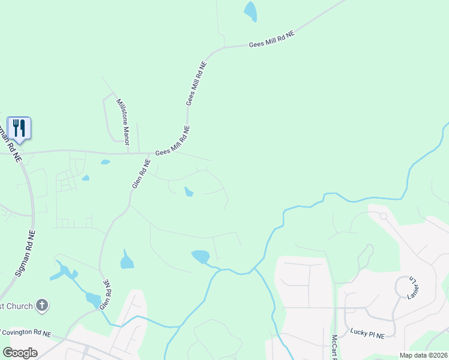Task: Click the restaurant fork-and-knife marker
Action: pos(19,128)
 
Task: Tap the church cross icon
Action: pos(42,305)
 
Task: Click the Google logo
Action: pos(20,352)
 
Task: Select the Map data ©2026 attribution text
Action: pos(423,355)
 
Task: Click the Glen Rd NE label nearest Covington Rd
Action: pos(106,294)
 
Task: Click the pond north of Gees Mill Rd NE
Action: pos(250,11)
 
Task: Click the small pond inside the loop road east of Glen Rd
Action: pos(188,192)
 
